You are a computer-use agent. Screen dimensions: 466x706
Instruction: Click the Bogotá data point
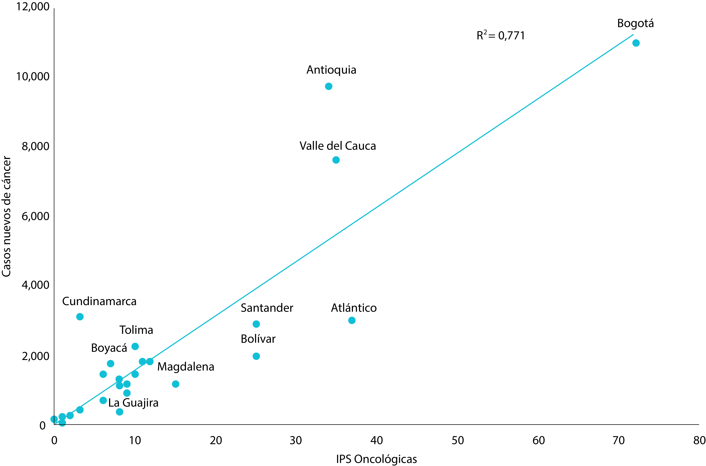click(636, 43)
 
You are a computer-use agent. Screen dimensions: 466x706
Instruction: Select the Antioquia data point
click(329, 86)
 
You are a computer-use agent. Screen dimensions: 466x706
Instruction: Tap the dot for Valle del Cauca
click(336, 160)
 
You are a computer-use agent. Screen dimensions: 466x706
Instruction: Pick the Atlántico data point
click(352, 320)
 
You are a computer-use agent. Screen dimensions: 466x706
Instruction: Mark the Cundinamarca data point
click(80, 317)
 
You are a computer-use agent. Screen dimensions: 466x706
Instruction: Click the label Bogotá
click(635, 23)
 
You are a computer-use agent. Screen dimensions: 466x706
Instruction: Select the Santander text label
click(267, 308)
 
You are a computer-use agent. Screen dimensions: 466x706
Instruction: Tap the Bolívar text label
click(258, 339)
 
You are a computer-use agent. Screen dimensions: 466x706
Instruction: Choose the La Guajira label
click(133, 403)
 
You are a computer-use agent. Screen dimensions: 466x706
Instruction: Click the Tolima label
click(136, 330)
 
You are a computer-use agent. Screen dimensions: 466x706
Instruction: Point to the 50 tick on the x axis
click(458, 440)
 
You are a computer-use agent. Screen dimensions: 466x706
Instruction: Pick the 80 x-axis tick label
click(699, 440)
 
